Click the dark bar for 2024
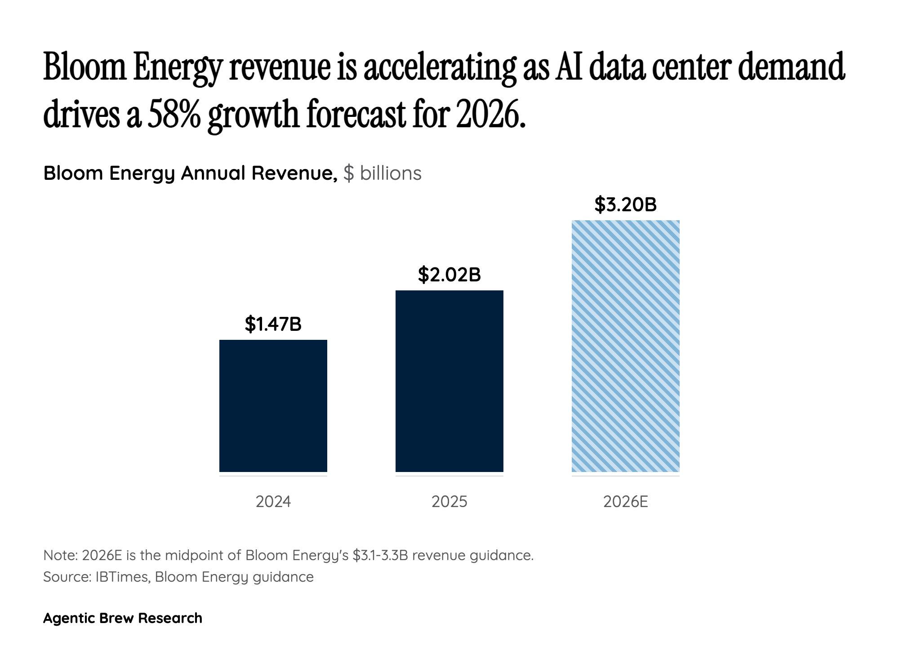(x=273, y=405)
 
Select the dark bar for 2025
(x=449, y=381)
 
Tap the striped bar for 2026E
(x=625, y=346)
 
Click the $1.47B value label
(x=273, y=324)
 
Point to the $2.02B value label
(x=449, y=274)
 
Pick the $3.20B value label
(x=625, y=205)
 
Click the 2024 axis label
(x=273, y=501)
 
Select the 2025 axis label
(x=449, y=501)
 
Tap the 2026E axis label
(x=625, y=501)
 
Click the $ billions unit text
(x=382, y=173)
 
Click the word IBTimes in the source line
(x=122, y=577)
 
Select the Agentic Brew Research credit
(x=122, y=618)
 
